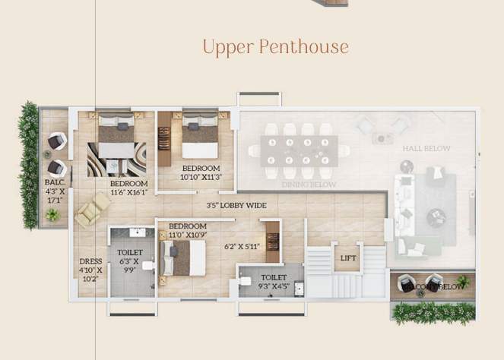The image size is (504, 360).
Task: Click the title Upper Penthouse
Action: pos(275,47)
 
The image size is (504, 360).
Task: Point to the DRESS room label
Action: pos(90,262)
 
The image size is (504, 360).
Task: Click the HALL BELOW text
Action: pos(426,149)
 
